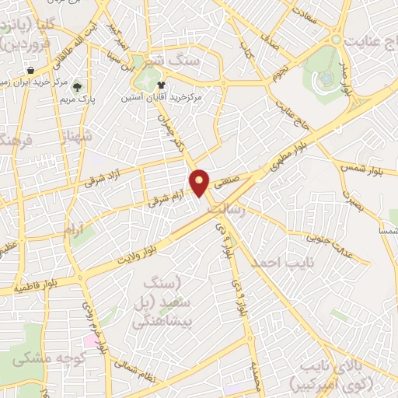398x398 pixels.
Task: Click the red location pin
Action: [201, 182]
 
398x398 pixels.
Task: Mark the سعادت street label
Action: [306, 15]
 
